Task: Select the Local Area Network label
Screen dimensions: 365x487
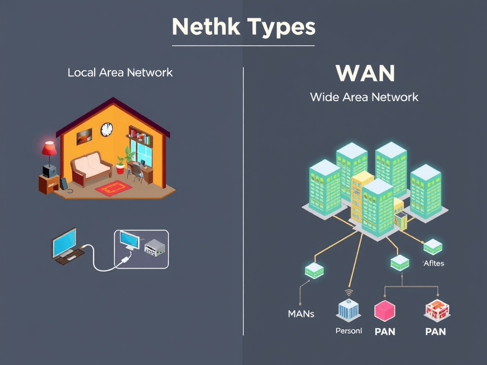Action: click(x=120, y=73)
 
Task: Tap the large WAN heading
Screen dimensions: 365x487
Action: click(x=365, y=73)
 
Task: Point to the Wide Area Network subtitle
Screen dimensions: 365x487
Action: click(x=364, y=97)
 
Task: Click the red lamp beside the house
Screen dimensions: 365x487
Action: click(x=49, y=149)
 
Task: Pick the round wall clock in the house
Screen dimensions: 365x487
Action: click(x=107, y=129)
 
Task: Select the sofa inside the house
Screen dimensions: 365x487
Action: click(x=91, y=168)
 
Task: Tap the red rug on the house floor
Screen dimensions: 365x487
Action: click(x=113, y=188)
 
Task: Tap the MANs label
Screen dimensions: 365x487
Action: click(x=301, y=314)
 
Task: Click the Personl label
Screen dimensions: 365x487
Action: click(x=349, y=330)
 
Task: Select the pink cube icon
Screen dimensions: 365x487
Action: click(x=385, y=311)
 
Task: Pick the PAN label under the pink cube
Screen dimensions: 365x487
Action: click(x=385, y=331)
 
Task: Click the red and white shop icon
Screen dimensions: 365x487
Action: click(x=436, y=310)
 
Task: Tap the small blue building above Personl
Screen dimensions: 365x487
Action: click(x=349, y=310)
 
